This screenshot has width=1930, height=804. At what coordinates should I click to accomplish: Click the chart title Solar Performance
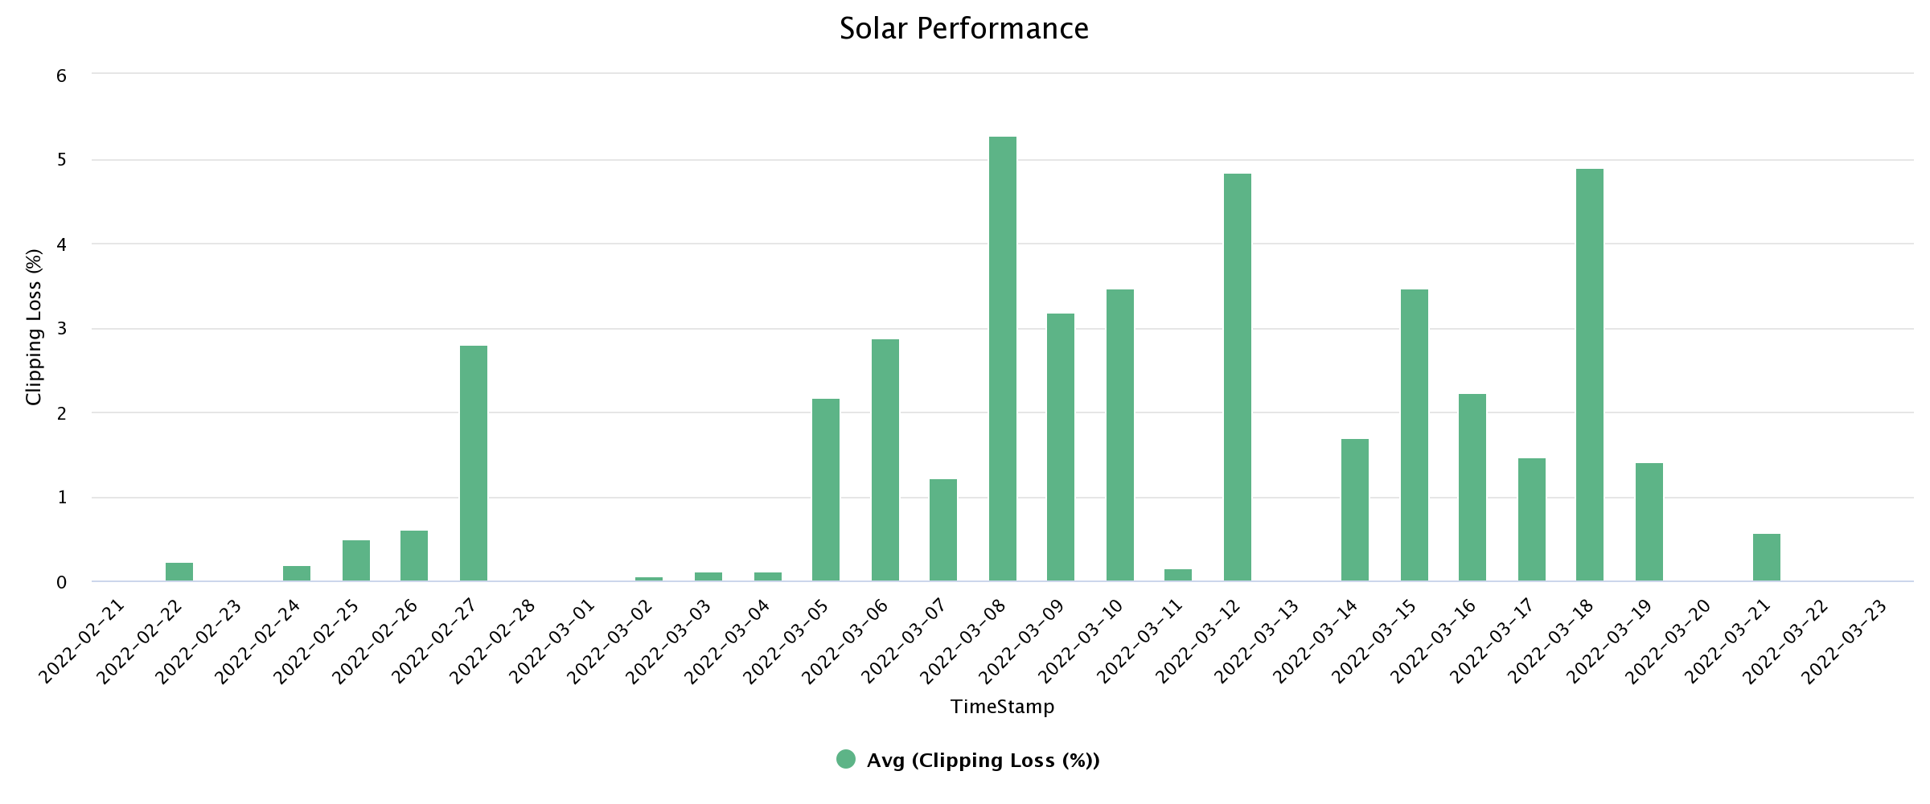[x=963, y=29]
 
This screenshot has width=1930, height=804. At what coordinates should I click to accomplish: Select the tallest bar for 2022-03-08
[x=1002, y=359]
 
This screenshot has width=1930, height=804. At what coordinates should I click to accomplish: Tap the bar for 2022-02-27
[x=474, y=463]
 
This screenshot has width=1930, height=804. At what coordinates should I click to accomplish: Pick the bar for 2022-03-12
[x=1237, y=377]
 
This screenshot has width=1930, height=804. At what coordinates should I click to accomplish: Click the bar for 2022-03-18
[x=1589, y=375]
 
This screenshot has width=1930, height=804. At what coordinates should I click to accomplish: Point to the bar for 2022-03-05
[x=826, y=490]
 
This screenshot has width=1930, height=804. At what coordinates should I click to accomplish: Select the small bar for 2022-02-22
[x=179, y=572]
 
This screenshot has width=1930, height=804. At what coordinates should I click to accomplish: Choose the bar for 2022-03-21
[x=1766, y=557]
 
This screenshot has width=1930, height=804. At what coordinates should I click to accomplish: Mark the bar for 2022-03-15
[x=1414, y=435]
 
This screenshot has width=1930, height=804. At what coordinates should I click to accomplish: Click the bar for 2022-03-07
[x=943, y=530]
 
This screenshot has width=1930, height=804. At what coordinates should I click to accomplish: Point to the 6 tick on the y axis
[x=61, y=76]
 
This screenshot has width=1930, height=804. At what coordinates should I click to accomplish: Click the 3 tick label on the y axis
[x=61, y=329]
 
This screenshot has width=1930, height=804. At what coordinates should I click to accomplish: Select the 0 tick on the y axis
[x=61, y=582]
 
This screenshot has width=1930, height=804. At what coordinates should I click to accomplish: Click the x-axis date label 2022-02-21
[x=84, y=641]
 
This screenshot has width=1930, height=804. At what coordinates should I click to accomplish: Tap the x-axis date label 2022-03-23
[x=1845, y=641]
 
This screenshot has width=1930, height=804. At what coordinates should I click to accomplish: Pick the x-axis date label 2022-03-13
[x=1258, y=641]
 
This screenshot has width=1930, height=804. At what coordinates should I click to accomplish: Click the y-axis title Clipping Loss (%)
[x=34, y=327]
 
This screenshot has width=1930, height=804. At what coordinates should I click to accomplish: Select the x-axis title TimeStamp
[x=1002, y=707]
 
